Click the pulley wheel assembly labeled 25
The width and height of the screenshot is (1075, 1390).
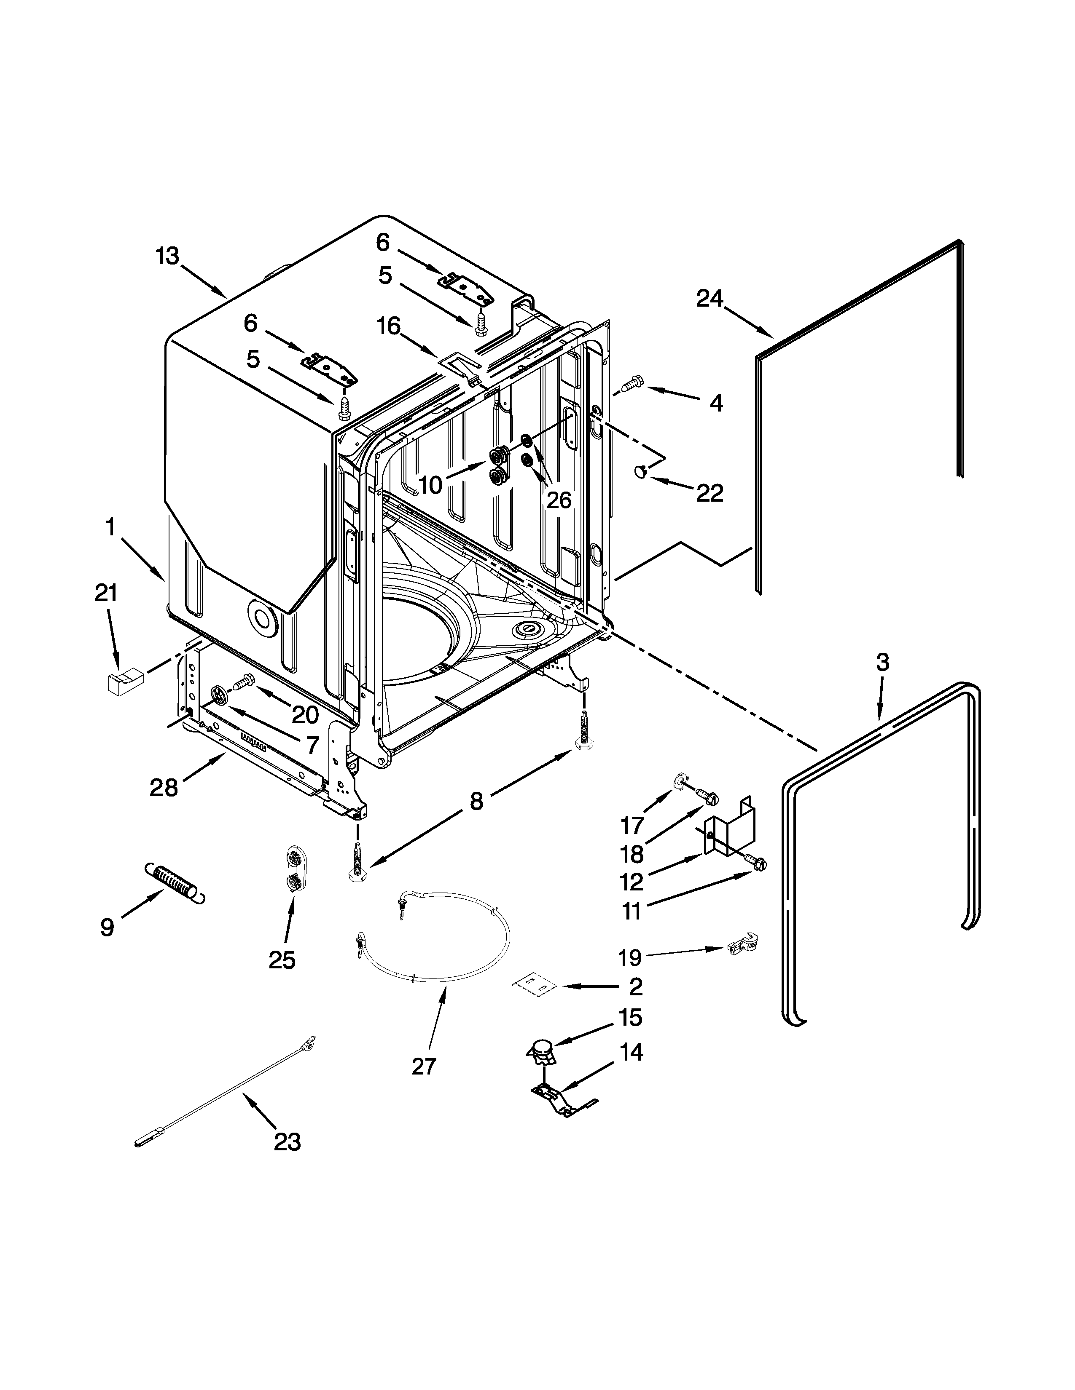[294, 869]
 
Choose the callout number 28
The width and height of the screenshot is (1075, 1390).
[164, 788]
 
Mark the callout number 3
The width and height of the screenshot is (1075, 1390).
[882, 663]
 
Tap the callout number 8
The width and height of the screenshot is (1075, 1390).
[476, 801]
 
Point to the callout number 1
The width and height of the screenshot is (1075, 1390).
[110, 528]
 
